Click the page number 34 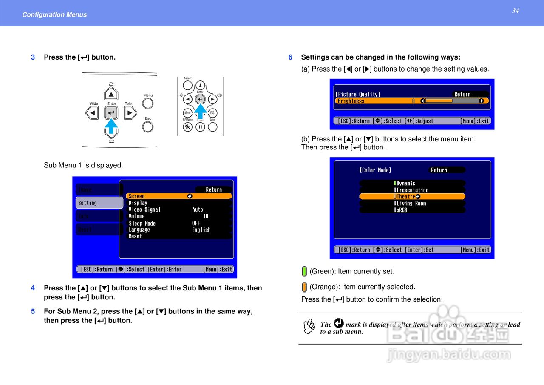pos(515,11)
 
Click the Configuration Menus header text pos(54,14)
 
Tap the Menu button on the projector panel pos(148,103)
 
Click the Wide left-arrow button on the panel pos(93,113)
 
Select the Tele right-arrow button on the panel pos(129,113)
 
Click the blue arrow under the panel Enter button pos(111,126)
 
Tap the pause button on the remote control pos(200,127)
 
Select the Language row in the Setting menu pos(139,230)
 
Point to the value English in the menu pos(201,230)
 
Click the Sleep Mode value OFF pos(196,223)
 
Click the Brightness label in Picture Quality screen pos(351,101)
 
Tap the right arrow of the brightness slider pos(482,101)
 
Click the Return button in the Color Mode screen pos(439,170)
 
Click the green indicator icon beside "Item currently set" pos(304,271)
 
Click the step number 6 pos(290,57)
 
